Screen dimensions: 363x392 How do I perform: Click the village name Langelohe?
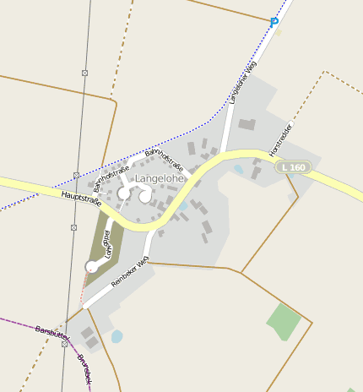pyautogui.click(x=160, y=179)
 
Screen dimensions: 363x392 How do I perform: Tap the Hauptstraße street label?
pyautogui.click(x=81, y=199)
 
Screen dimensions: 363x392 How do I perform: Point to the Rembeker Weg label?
pyautogui.click(x=130, y=276)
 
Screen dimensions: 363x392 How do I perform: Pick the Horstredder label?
pyautogui.click(x=280, y=139)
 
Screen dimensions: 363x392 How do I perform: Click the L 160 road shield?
pyautogui.click(x=294, y=167)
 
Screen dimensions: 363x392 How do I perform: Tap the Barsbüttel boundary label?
pyautogui.click(x=51, y=333)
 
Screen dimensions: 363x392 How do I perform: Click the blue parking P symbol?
pyautogui.click(x=274, y=22)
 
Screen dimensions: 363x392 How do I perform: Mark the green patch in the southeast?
pyautogui.click(x=284, y=321)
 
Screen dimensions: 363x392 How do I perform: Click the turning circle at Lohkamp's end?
pyautogui.click(x=92, y=267)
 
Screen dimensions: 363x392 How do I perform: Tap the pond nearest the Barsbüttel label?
pyautogui.click(x=116, y=336)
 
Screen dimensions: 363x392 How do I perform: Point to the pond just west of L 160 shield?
pyautogui.click(x=238, y=169)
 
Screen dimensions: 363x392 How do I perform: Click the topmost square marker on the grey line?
pyautogui.click(x=85, y=73)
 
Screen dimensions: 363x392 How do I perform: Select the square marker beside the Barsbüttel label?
pyautogui.click(x=64, y=344)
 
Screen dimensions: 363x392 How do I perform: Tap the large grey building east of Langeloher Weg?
pyautogui.click(x=247, y=124)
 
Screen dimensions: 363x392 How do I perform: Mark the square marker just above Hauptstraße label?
pyautogui.click(x=76, y=175)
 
